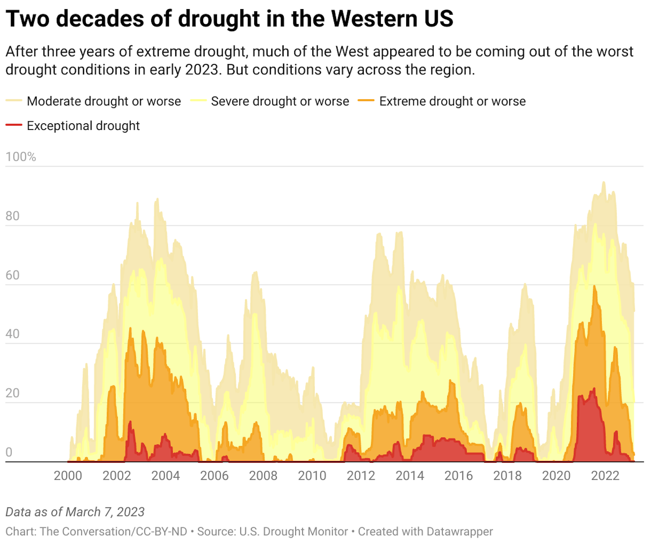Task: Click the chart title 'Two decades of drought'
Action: coord(229,19)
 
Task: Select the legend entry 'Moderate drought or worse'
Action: coord(103,101)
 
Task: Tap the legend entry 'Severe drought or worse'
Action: coord(279,101)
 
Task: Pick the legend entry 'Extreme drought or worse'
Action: coord(452,101)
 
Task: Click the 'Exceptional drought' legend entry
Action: coord(83,126)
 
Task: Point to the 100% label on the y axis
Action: coord(21,157)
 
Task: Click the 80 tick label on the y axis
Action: coord(13,216)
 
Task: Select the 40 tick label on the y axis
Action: coord(13,334)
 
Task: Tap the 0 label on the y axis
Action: coord(9,452)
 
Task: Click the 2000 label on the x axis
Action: coord(68,476)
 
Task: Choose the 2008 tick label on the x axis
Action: coord(263,476)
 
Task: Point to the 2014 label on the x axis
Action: coord(410,476)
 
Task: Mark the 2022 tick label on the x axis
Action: coord(605,476)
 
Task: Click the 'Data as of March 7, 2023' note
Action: coord(75,512)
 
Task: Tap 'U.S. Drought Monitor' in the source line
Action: coord(294,531)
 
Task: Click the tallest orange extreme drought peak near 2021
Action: coord(594,287)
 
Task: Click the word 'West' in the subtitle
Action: coord(352,52)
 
